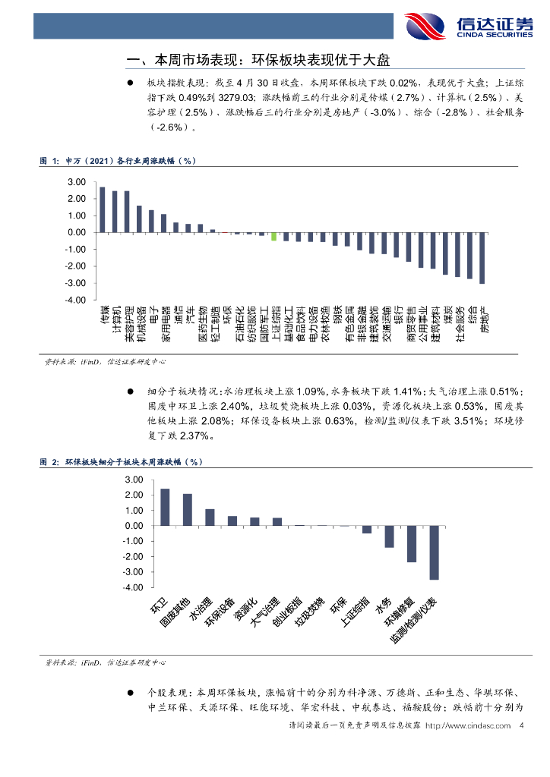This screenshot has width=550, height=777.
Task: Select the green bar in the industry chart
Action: point(273,236)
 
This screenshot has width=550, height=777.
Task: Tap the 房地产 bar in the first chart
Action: point(482,258)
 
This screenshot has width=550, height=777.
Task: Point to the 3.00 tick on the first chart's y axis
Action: point(76,182)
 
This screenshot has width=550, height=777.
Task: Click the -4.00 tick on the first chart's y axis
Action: point(75,300)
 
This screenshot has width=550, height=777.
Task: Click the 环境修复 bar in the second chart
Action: point(412,544)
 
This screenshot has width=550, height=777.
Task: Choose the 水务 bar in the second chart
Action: point(389,536)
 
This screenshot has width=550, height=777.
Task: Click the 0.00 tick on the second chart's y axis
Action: point(132,526)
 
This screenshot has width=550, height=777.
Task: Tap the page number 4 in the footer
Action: point(521,726)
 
